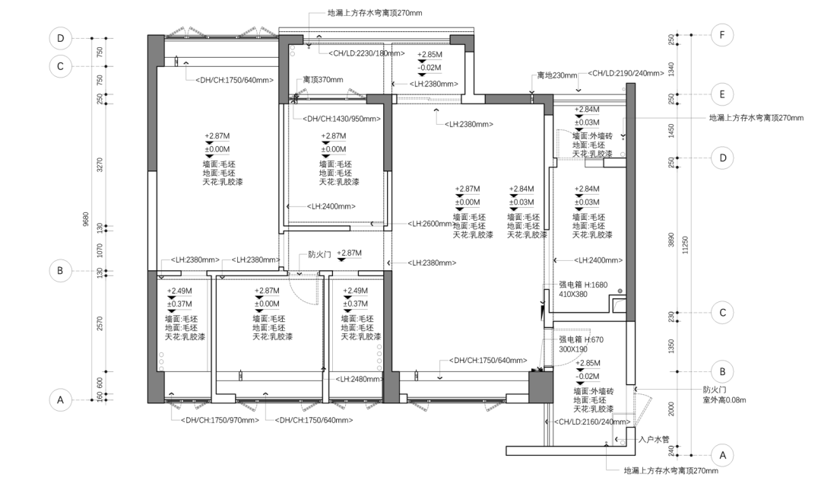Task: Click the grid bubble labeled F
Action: point(722,35)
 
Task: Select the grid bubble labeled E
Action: point(722,94)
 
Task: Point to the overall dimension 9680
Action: point(86,218)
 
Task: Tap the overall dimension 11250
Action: point(686,244)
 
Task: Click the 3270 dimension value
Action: point(100,164)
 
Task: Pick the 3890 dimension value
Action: point(671,240)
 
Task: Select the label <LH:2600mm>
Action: point(430,224)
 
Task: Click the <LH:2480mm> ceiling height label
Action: point(360,379)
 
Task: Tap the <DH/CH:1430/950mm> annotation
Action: point(342,119)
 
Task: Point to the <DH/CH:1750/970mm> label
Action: point(220,420)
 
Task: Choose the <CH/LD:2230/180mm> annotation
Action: point(366,53)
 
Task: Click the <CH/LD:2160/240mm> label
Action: point(592,422)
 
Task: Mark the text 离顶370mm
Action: point(323,80)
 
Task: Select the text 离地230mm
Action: point(557,75)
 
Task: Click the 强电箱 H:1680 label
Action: point(583,285)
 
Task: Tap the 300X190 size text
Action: point(573,349)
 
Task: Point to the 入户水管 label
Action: point(654,439)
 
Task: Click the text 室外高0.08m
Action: point(724,400)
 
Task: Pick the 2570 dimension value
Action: point(100,323)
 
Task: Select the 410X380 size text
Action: point(573,294)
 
